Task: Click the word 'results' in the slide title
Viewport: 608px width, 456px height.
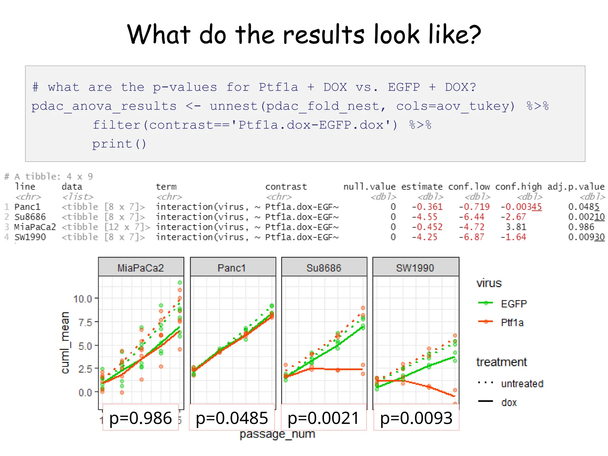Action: pyautogui.click(x=323, y=34)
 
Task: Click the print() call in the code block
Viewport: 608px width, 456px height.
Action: pyautogui.click(x=119, y=144)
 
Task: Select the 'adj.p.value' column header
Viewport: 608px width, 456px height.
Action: pyautogui.click(x=576, y=187)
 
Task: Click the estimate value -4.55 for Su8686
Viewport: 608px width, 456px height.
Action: pyautogui.click(x=424, y=217)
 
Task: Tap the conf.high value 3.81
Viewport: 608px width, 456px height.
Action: pyautogui.click(x=516, y=227)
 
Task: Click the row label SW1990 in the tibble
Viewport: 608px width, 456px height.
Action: pyautogui.click(x=30, y=237)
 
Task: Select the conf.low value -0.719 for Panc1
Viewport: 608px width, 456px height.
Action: pyautogui.click(x=474, y=207)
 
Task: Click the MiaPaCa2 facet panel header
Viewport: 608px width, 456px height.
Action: pyautogui.click(x=141, y=268)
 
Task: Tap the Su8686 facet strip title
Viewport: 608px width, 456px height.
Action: pyautogui.click(x=324, y=268)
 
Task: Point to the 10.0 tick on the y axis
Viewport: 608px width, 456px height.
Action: pyautogui.click(x=83, y=299)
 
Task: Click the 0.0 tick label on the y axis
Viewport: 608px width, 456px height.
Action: pyautogui.click(x=85, y=392)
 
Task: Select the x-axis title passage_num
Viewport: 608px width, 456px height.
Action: pyautogui.click(x=277, y=434)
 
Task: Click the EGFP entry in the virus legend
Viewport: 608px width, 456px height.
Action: pyautogui.click(x=513, y=304)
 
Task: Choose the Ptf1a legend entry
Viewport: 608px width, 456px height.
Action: pyautogui.click(x=512, y=322)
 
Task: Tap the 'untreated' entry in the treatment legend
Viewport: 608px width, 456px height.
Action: pyautogui.click(x=522, y=384)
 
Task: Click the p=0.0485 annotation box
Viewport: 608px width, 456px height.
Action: pyautogui.click(x=232, y=418)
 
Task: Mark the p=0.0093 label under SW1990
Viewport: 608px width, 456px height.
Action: pyautogui.click(x=416, y=418)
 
